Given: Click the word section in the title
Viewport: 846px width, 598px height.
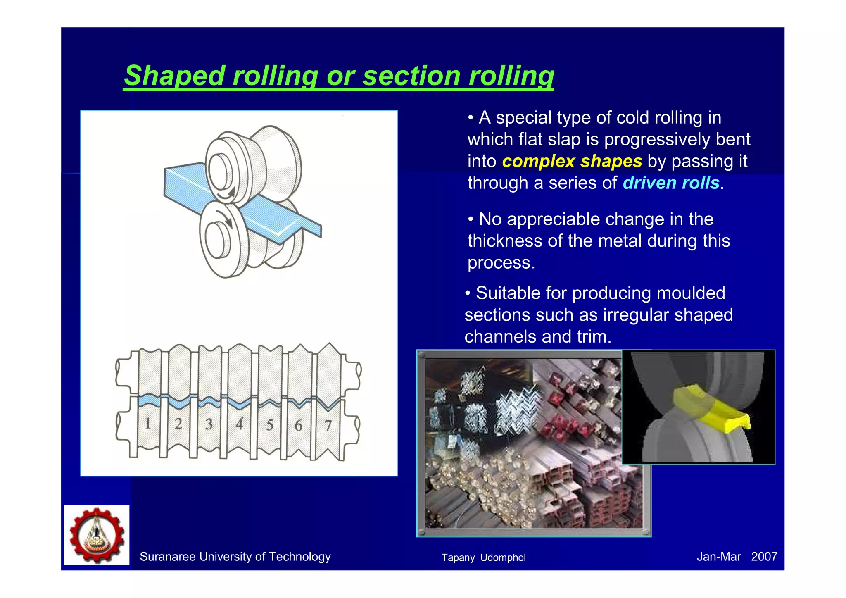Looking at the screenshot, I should pyautogui.click(x=411, y=76).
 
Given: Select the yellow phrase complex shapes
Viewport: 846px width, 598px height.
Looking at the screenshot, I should pyautogui.click(x=572, y=161).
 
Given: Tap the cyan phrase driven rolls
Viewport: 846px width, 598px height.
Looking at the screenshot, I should pyautogui.click(x=671, y=183).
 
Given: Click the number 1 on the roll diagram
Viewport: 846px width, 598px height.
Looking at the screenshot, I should pyautogui.click(x=147, y=424).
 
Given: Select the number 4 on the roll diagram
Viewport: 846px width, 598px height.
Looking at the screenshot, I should pyautogui.click(x=239, y=424).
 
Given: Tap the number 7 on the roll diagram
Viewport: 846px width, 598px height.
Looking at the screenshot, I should pyautogui.click(x=328, y=425).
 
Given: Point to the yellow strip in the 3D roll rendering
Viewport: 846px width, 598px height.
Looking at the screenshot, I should pyautogui.click(x=711, y=408).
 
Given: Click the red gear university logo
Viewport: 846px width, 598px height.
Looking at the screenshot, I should pyautogui.click(x=97, y=535).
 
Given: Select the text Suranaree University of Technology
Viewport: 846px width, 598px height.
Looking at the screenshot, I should pyautogui.click(x=235, y=557).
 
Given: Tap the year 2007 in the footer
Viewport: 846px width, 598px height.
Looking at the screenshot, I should pyautogui.click(x=764, y=557).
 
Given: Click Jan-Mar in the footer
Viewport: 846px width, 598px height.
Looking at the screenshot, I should pyautogui.click(x=718, y=557).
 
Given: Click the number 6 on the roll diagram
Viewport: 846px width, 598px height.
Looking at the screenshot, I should pyautogui.click(x=298, y=425).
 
